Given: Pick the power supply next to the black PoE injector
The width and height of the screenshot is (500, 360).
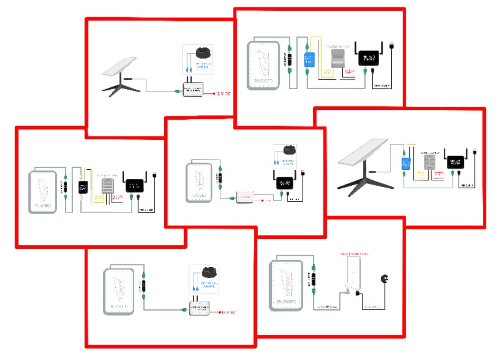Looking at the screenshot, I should click(108, 185).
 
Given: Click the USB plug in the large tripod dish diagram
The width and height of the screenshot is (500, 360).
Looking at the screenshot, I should click(475, 154).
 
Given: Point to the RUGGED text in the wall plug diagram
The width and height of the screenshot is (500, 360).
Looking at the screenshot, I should click(286, 302).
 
